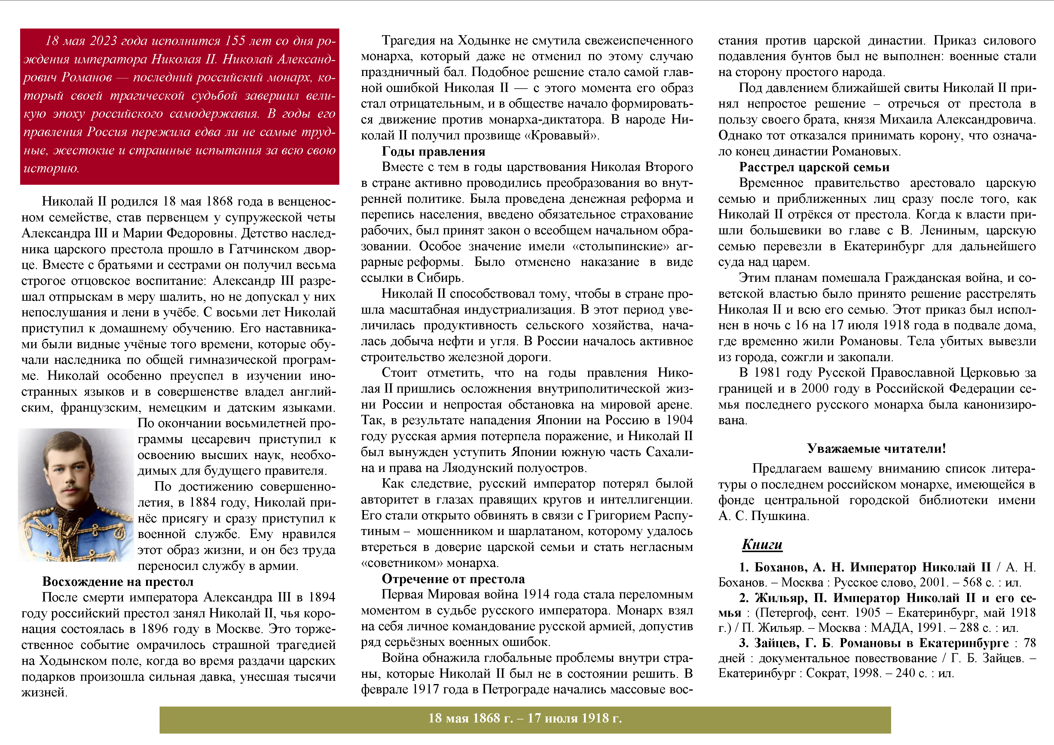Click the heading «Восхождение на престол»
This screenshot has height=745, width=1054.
pos(118,582)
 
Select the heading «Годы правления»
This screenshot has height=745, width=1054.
pos(433,151)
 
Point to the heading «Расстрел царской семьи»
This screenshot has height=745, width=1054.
pos(814,167)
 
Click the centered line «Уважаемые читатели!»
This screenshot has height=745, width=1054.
pos(876,449)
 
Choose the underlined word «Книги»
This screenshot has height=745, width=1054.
pos(762,545)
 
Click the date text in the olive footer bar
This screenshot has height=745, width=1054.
pos(525,718)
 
